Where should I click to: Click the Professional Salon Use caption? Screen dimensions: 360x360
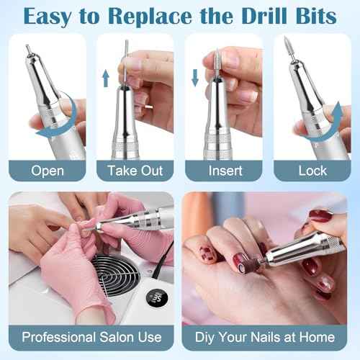click(91, 336)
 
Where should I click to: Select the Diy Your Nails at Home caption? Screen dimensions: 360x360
click(268, 336)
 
